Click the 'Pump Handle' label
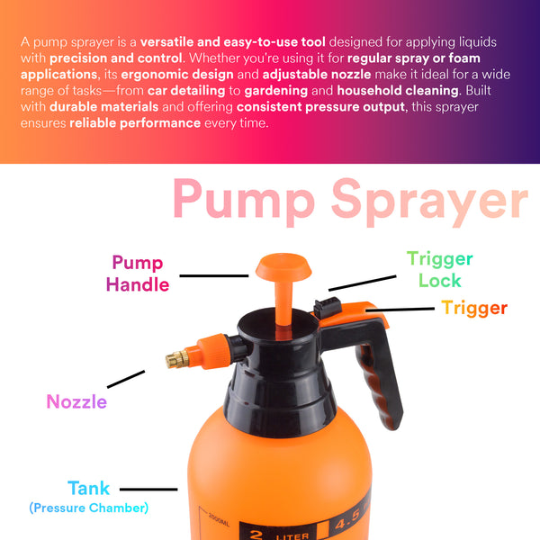pos(138,274)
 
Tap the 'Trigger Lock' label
pos(440,269)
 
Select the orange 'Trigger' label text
pos(474,308)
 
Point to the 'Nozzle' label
pos(76,401)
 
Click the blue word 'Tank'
pos(88,488)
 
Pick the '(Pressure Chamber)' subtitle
pos(89,508)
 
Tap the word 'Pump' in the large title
pos(244,202)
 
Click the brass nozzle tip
pos(177,360)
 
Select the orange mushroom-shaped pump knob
pos(283,267)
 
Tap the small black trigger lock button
pos(328,308)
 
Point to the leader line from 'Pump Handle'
pos(214,276)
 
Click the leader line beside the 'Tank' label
pos(148,489)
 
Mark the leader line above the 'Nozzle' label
pos(126,379)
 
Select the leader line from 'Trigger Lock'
pos(363,283)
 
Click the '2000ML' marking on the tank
pos(219,518)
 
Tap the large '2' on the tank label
pos(256,535)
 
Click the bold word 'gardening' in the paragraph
pos(276,91)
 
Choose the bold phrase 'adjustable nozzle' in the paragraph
pos(317,75)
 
